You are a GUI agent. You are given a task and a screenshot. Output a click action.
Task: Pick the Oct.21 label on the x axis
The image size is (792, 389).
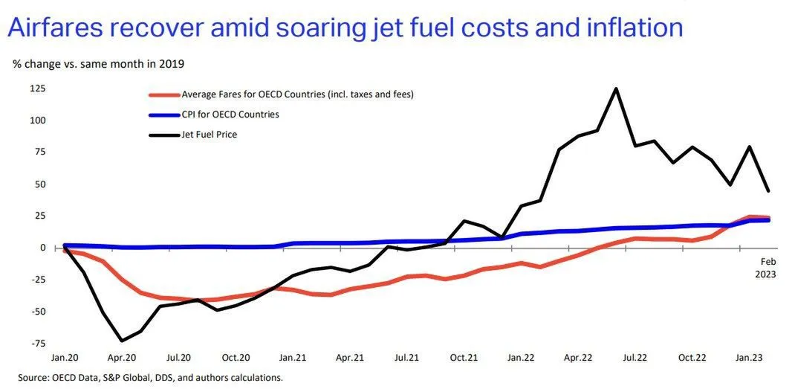[464, 358]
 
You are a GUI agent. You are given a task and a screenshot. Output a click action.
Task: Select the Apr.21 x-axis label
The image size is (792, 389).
[349, 358]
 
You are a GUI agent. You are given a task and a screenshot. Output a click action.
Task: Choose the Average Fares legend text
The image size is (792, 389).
[297, 94]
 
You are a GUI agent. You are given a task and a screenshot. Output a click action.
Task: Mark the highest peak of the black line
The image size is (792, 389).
[616, 89]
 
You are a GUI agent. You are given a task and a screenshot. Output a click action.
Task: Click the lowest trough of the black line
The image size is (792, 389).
[122, 341]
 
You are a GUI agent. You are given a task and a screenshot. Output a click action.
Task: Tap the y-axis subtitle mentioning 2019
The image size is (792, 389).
[99, 63]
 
